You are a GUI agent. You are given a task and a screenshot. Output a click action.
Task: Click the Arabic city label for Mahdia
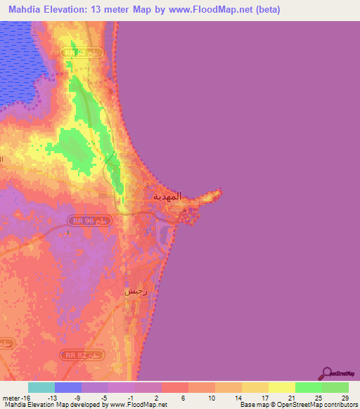(x=167, y=197)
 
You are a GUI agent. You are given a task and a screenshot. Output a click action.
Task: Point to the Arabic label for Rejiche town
(x=135, y=291)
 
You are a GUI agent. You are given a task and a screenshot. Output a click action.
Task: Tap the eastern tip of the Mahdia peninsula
(x=221, y=190)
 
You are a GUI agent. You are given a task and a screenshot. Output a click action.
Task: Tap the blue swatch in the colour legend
(x=68, y=387)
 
